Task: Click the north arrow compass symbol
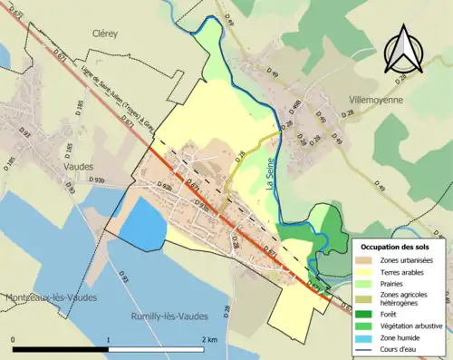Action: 401,53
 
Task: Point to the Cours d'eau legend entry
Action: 399,348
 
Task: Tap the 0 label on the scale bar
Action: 13,340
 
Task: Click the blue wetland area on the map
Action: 142,224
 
